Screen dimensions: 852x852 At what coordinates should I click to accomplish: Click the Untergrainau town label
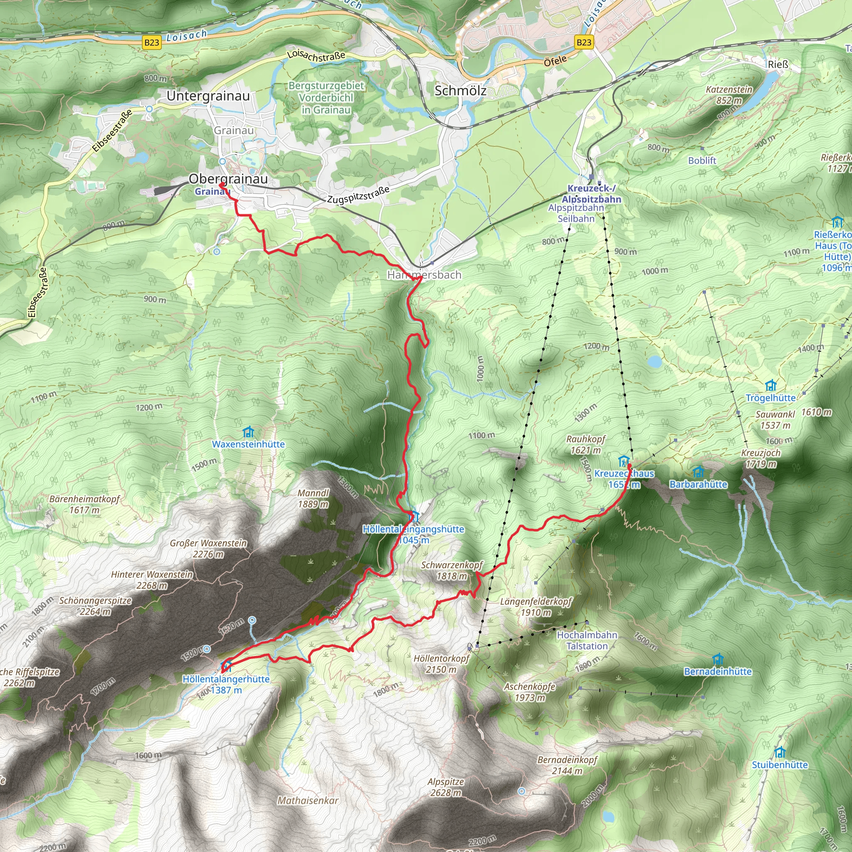point(208,96)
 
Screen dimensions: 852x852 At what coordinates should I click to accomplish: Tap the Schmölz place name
point(461,90)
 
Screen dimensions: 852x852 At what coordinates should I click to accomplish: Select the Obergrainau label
point(228,178)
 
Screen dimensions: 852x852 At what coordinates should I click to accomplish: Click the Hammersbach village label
point(424,275)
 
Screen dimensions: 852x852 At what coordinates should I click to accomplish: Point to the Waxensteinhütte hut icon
point(248,431)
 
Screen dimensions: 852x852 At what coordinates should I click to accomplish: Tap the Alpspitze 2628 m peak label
point(446,787)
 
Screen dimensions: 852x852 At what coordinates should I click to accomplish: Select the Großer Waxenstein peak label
point(208,548)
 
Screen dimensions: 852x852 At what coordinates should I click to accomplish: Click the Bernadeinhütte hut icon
point(718,659)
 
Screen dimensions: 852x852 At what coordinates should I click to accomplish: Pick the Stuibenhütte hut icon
point(780,751)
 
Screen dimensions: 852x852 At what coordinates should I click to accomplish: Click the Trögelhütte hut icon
point(770,385)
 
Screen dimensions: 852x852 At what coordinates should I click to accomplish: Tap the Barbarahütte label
point(698,484)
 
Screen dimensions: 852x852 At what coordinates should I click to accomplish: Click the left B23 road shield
point(151,42)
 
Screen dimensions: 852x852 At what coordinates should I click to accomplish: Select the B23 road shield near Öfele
point(583,42)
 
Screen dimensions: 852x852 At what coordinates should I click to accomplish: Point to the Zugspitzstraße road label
point(358,194)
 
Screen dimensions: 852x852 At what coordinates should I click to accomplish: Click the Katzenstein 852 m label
point(729,95)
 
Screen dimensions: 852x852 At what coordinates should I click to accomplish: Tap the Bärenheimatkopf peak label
point(84,504)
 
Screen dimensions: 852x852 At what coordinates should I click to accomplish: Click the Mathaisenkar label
point(308,800)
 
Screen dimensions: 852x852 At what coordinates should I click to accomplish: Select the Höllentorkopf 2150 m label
point(441,664)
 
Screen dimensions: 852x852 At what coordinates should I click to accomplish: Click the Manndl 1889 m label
point(313,498)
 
